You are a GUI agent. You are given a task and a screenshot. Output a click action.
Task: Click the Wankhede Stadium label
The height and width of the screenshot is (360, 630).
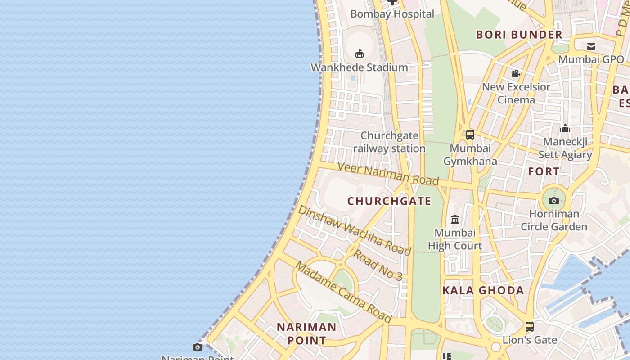[359, 67]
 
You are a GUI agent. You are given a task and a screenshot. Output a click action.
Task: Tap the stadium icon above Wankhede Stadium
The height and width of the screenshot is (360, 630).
[359, 54]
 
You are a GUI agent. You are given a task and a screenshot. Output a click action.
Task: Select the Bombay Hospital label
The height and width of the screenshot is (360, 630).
[392, 14]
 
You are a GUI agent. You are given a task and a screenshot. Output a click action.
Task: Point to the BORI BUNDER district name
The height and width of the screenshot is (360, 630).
[519, 35]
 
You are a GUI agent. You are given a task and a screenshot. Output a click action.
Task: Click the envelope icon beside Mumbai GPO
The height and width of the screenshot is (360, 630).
[591, 47]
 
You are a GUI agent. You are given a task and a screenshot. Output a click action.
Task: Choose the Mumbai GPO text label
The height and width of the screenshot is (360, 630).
[591, 59]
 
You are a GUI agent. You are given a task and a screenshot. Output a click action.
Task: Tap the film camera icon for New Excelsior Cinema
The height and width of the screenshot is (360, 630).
[516, 73]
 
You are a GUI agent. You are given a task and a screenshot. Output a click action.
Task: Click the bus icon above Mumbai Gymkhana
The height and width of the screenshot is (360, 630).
[470, 135]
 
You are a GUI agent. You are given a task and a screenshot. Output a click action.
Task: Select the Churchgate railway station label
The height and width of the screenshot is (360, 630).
[389, 142]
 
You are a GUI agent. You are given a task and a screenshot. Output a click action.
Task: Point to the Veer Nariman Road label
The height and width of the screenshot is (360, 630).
[388, 174]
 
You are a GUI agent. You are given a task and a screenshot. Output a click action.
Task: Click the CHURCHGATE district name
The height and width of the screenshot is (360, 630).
[389, 201]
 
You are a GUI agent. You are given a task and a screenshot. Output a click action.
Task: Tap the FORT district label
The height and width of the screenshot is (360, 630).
[544, 171]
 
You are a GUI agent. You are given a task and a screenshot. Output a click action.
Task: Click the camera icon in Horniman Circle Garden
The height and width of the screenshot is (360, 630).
[554, 201]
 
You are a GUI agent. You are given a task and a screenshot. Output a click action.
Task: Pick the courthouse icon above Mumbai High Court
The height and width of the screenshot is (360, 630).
[455, 220]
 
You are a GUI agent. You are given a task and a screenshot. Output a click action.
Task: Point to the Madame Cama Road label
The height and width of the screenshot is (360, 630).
[343, 292]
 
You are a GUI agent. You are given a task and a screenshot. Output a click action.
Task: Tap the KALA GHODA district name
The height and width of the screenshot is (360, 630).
[483, 290]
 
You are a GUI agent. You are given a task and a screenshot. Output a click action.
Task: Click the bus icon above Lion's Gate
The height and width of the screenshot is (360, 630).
[530, 327]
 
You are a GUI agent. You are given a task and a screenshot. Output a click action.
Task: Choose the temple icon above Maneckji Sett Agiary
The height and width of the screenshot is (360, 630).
[565, 129]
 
